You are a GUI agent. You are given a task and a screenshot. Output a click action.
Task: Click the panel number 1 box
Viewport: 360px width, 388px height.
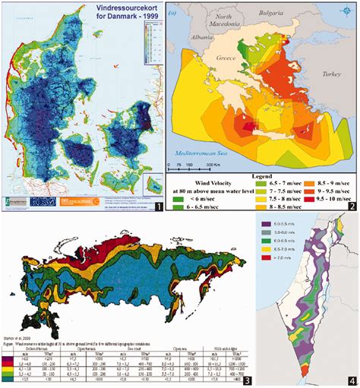(x=157, y=206)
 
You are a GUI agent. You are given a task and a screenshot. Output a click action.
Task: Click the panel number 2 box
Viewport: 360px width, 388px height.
(x=351, y=206)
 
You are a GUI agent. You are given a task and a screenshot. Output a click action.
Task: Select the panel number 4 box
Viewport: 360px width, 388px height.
(x=351, y=379)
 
